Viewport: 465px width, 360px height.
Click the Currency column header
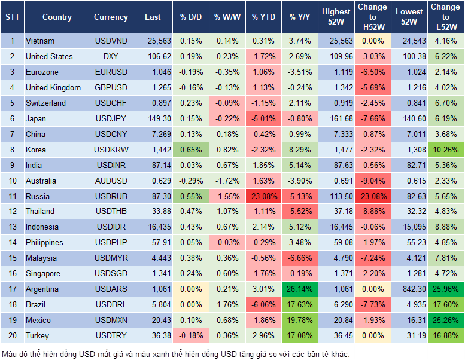click(x=111, y=17)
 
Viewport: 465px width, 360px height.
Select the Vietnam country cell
click(x=40, y=41)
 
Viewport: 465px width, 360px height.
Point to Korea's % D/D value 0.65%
click(x=190, y=150)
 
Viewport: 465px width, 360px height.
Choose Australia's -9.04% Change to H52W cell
click(x=372, y=181)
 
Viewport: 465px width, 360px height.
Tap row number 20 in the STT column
click(x=12, y=336)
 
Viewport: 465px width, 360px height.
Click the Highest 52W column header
click(x=336, y=17)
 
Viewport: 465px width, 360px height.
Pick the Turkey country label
click(x=37, y=336)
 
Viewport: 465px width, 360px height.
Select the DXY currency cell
click(x=111, y=57)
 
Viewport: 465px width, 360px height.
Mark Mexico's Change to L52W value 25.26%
click(x=445, y=321)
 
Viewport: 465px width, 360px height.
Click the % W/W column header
click(x=226, y=17)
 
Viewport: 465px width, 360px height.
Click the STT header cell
click(x=12, y=17)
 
